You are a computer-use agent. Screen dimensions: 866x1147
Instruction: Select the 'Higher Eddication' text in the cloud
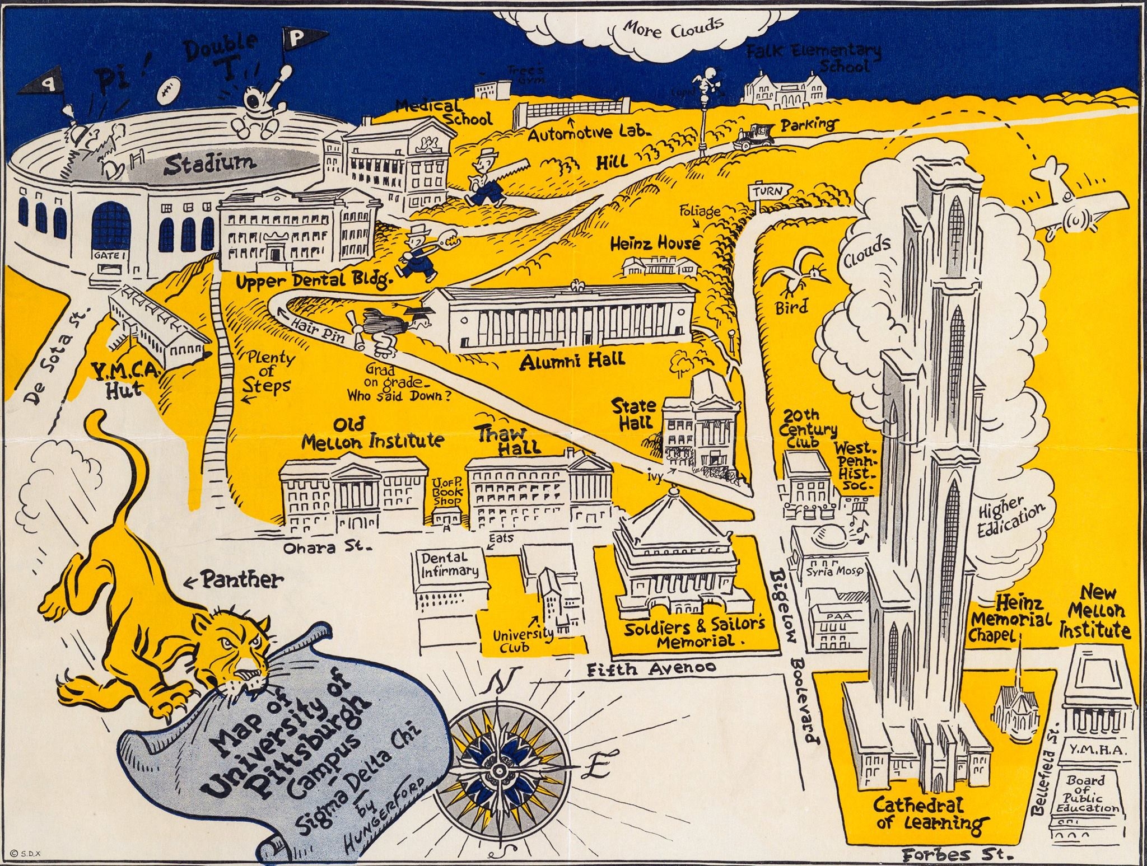pos(1010,519)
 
